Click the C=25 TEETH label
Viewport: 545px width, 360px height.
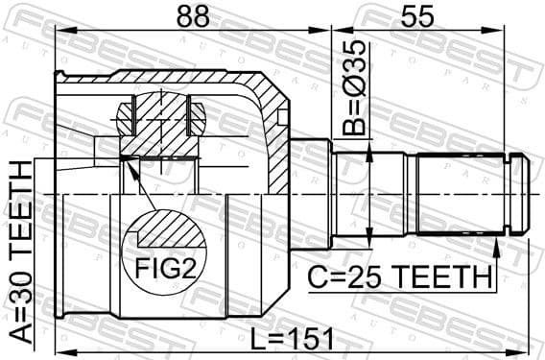399,276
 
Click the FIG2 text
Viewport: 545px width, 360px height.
170,268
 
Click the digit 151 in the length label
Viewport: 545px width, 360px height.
307,338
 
